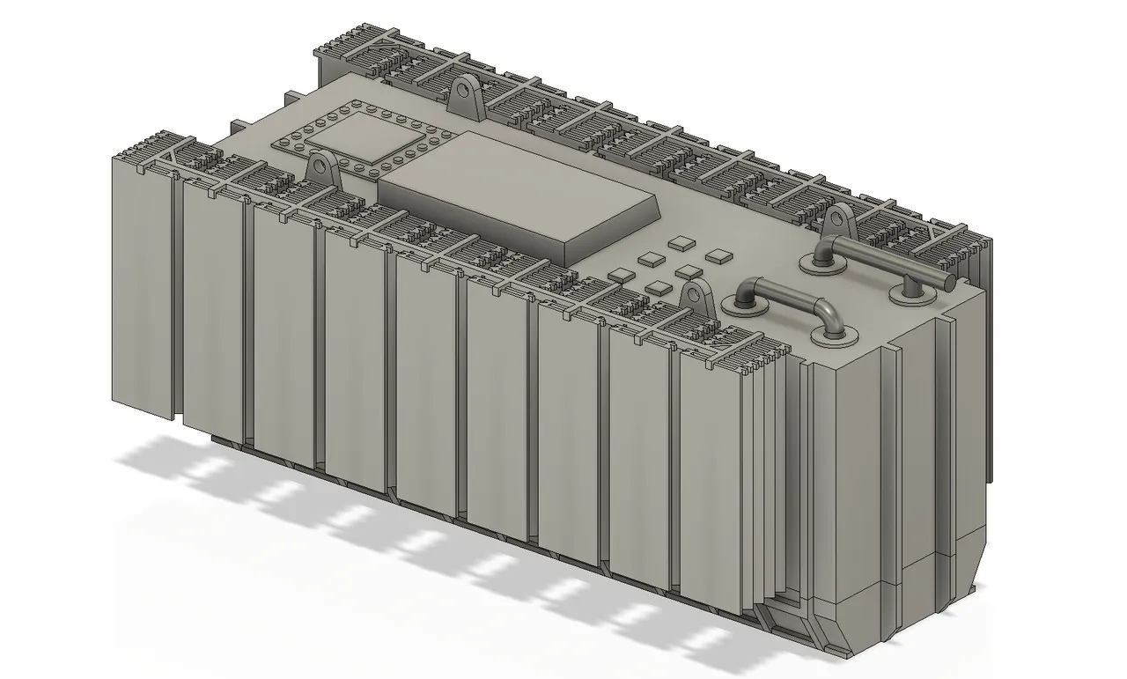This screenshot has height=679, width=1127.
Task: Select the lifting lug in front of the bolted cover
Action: pos(323,168)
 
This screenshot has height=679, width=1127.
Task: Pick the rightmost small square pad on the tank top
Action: pos(718,256)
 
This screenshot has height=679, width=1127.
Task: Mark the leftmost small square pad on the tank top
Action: pos(622,276)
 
